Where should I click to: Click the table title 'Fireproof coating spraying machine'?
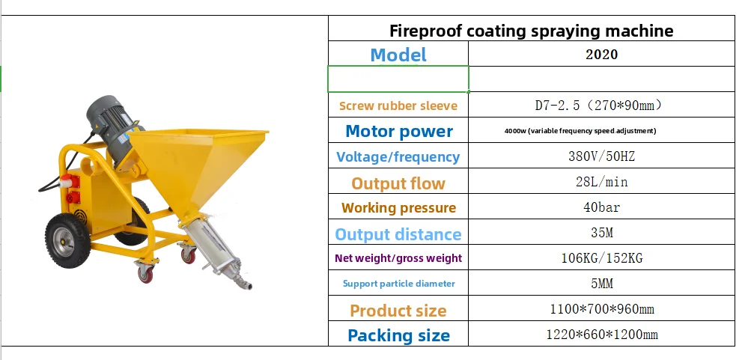click(531, 31)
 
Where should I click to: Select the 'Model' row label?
click(398, 55)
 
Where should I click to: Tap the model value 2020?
click(601, 55)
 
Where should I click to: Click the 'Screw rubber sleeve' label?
click(398, 106)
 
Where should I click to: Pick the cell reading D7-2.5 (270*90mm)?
click(599, 106)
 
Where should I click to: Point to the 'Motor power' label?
click(398, 131)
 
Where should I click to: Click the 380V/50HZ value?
click(601, 156)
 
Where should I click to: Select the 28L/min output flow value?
click(601, 182)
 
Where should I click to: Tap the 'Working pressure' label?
click(398, 207)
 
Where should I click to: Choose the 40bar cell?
click(601, 207)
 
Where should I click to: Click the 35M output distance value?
click(601, 233)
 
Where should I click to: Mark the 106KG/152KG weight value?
click(601, 258)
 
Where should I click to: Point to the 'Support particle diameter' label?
click(398, 284)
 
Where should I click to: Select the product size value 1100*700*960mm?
click(601, 308)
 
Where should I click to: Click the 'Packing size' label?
click(398, 335)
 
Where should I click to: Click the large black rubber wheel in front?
click(67, 240)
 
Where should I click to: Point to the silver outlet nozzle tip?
click(246, 284)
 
